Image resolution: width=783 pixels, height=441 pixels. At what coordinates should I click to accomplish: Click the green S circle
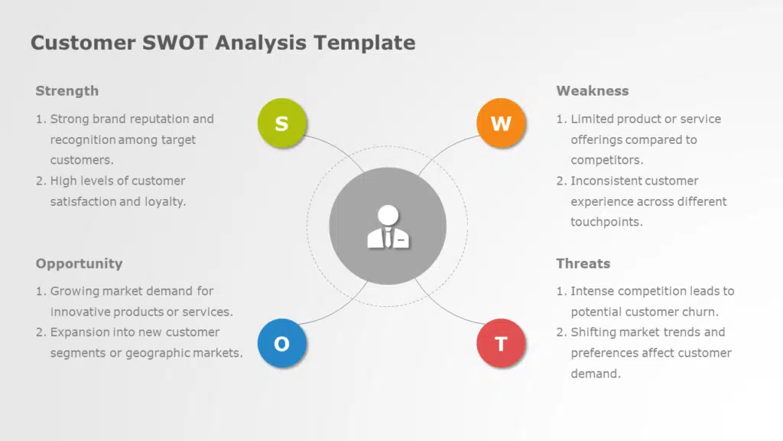[282, 123]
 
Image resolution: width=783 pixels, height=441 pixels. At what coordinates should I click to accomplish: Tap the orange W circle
[501, 123]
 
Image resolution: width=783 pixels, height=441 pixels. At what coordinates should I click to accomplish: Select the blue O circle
[282, 344]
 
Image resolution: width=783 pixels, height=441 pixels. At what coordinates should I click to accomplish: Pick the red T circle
[501, 344]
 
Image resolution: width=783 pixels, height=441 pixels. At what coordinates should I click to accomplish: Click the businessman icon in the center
[388, 227]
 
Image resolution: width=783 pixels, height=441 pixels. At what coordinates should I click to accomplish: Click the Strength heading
[67, 91]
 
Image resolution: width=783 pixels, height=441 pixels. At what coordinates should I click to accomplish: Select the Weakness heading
[593, 91]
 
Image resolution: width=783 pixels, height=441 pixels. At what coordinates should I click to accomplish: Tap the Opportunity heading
[79, 263]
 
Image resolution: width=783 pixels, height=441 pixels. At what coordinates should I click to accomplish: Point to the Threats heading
[583, 263]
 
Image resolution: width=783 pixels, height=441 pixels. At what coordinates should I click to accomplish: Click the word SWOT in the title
[175, 43]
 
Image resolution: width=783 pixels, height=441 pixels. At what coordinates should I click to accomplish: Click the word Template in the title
[365, 43]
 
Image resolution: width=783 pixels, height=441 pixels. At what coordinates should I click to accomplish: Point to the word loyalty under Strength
[165, 201]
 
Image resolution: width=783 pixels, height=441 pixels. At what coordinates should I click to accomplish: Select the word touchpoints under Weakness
[606, 222]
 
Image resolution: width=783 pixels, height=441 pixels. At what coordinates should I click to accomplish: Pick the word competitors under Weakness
[606, 160]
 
